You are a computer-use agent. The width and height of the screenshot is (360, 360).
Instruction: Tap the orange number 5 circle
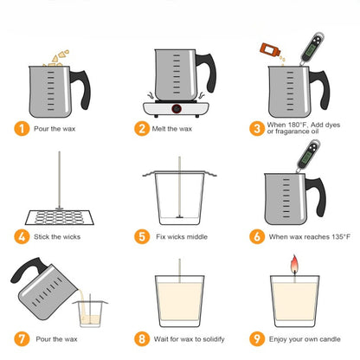[142, 235]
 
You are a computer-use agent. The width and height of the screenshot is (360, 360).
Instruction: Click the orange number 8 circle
[142, 341]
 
